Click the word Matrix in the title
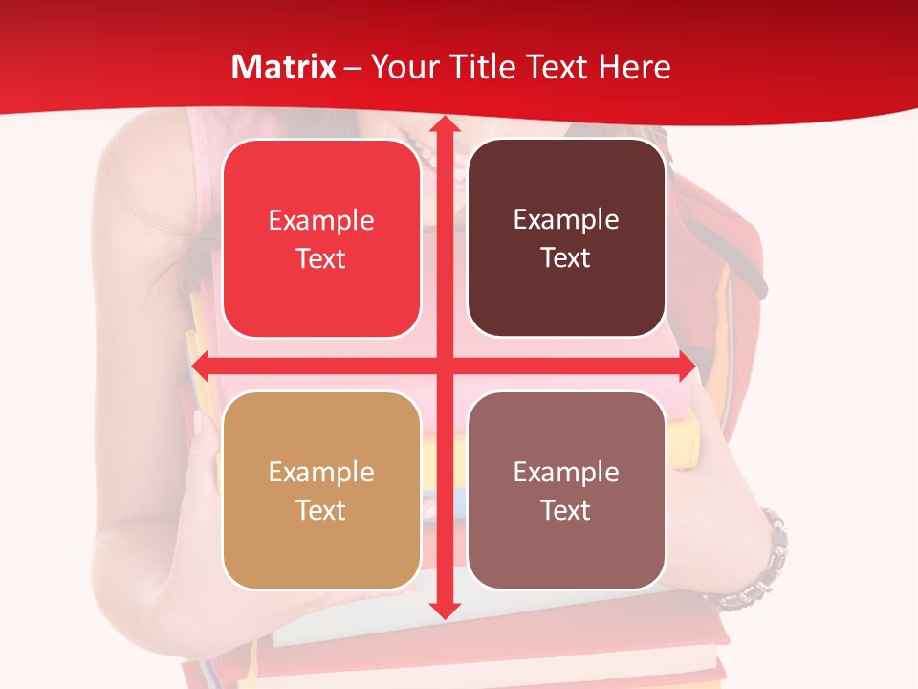tap(284, 67)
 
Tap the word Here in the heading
tap(634, 67)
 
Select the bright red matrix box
tap(321, 239)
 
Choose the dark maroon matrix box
tap(566, 238)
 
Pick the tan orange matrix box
tap(321, 490)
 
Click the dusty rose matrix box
tap(566, 490)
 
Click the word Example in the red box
tap(321, 221)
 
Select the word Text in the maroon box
tap(566, 258)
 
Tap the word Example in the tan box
tap(321, 472)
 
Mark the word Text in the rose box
tap(566, 510)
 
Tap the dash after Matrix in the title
tap(353, 68)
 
